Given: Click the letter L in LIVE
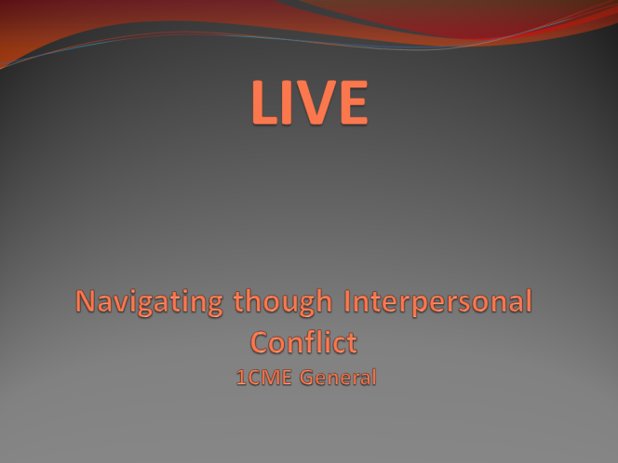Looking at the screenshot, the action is click(x=264, y=102).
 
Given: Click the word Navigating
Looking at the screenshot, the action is click(x=149, y=303).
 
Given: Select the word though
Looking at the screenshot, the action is click(x=283, y=302).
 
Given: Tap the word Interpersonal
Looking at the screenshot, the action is click(x=437, y=301).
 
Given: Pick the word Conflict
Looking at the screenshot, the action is click(x=303, y=342).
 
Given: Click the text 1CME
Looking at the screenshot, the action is click(x=264, y=377).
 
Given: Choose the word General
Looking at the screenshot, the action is click(x=338, y=377).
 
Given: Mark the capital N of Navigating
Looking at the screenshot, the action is click(x=86, y=301).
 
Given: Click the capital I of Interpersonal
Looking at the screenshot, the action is click(x=347, y=301).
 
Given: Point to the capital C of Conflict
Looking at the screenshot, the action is click(x=260, y=342).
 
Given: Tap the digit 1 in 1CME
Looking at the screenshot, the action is click(x=241, y=377).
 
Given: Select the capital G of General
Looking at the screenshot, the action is click(x=307, y=377).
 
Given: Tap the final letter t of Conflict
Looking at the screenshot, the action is click(x=352, y=343).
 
